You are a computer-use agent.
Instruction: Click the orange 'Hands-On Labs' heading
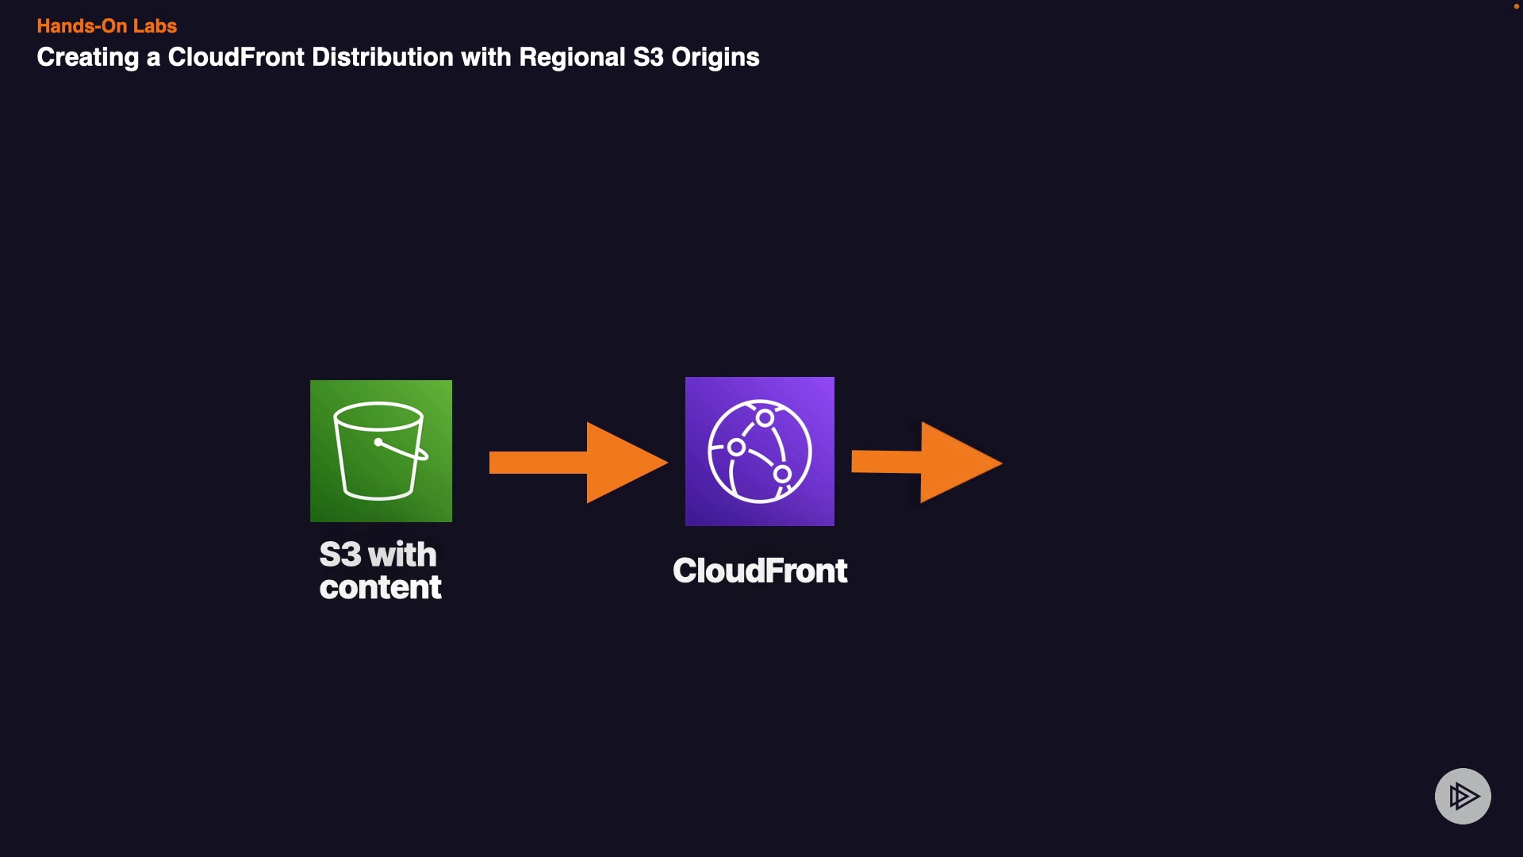click(107, 26)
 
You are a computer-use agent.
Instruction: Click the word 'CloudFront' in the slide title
click(236, 57)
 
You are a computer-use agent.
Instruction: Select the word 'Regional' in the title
click(572, 57)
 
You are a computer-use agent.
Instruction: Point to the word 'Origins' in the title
click(715, 58)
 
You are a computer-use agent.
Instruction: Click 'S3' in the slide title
click(648, 57)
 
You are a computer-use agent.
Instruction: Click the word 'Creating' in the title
click(88, 58)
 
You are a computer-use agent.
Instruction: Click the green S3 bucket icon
click(381, 451)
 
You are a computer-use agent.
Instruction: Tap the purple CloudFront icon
click(760, 452)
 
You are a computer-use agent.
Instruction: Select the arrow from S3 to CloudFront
click(579, 463)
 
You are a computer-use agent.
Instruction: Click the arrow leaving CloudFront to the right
click(927, 463)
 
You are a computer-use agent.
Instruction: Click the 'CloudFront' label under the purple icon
click(760, 571)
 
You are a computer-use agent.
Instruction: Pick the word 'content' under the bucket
click(381, 587)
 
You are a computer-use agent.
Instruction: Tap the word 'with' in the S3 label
click(402, 555)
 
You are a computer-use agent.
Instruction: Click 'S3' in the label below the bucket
click(340, 555)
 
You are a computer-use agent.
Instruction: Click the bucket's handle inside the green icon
click(402, 450)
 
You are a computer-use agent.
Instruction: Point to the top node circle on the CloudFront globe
click(765, 418)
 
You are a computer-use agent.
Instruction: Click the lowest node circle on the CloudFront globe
click(782, 475)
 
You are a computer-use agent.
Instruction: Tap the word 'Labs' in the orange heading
click(155, 26)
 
